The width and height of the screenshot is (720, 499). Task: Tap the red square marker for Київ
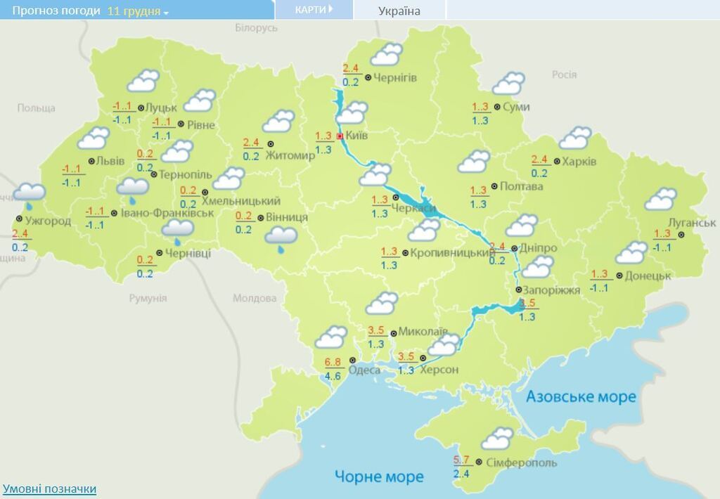340,136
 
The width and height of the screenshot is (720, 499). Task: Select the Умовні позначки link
49,488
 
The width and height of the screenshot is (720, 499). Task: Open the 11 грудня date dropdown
138,11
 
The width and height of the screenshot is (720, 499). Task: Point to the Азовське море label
581,397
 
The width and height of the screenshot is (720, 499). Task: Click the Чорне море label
379,477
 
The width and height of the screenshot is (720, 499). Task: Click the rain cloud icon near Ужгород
29,195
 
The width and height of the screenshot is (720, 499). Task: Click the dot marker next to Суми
496,107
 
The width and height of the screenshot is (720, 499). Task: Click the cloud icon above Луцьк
142,81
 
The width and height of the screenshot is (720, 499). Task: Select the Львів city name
110,161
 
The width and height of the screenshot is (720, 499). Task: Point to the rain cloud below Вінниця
281,240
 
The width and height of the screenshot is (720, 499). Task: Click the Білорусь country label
256,28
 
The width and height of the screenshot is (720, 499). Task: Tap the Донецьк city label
648,276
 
